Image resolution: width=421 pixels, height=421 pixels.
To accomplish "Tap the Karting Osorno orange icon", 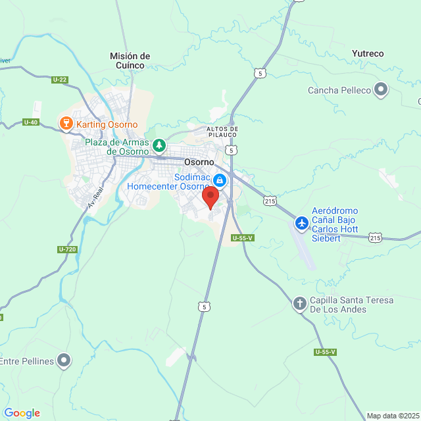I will [x=65, y=123].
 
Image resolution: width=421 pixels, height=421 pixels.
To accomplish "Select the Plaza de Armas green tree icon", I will [x=159, y=144].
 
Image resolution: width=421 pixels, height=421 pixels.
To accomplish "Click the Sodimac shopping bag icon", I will [x=220, y=180].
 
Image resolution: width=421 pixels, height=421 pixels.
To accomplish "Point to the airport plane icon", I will [x=302, y=223].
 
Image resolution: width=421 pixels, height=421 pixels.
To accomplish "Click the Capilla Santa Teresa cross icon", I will [x=299, y=303].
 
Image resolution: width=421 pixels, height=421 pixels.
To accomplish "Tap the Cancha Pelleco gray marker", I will [x=381, y=89].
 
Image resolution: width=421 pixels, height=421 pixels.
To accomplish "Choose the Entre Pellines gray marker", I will [x=64, y=360].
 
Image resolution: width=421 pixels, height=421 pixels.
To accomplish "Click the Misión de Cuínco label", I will [x=130, y=61].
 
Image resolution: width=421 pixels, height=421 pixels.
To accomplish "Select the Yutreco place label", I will [x=368, y=53].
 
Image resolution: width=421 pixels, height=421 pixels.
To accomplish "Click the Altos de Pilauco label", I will [x=222, y=132].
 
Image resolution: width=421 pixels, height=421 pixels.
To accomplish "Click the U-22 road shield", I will [x=59, y=80].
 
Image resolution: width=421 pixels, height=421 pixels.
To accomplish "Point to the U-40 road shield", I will [x=30, y=122].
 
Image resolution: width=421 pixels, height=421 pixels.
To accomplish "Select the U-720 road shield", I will [x=67, y=249].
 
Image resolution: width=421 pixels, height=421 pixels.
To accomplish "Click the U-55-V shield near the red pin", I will [x=242, y=238].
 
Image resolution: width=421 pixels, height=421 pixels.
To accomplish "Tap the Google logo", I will [x=22, y=412].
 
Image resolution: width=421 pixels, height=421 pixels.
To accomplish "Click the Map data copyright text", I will [x=393, y=415].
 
